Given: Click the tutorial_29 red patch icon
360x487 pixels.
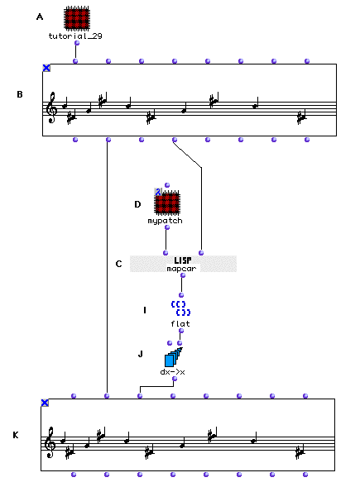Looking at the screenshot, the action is [77, 18].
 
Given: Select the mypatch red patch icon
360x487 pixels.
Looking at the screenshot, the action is [167, 203].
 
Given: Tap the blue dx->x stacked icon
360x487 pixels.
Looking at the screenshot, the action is [174, 357].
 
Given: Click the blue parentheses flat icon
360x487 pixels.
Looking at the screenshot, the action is [180, 308].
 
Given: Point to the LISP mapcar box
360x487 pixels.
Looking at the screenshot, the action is [183, 264].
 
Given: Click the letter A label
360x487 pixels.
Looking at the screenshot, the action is [40, 17].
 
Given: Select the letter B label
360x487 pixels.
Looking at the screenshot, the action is [20, 94].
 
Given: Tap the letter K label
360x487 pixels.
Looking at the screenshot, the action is [16, 435].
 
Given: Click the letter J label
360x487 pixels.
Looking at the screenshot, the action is [141, 354].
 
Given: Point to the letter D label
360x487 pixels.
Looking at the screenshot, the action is [137, 204].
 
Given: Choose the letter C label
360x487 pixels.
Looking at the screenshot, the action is [118, 264].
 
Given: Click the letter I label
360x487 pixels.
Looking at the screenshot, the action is [145, 310].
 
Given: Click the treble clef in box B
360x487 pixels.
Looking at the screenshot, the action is [51, 107].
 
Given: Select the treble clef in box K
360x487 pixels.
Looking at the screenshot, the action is [50, 442].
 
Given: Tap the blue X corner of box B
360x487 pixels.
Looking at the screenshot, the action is [46, 68].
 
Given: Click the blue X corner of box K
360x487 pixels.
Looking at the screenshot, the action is [45, 403].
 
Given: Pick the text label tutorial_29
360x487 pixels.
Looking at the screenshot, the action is [75, 36].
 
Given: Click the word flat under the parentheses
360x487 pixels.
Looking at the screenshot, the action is [180, 323].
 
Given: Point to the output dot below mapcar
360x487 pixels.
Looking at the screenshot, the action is [183, 275].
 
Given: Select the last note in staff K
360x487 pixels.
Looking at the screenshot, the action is [300, 451].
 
